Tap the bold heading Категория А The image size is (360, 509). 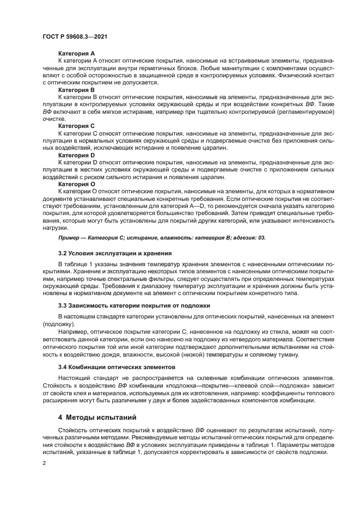pyautogui.click(x=76, y=53)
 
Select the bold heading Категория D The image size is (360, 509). pyautogui.click(x=76, y=155)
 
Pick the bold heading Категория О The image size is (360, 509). pyautogui.click(x=76, y=185)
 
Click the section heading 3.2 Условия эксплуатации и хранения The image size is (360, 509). pyautogui.click(x=107, y=253)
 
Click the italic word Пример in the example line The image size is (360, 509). pyautogui.click(x=70, y=238)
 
